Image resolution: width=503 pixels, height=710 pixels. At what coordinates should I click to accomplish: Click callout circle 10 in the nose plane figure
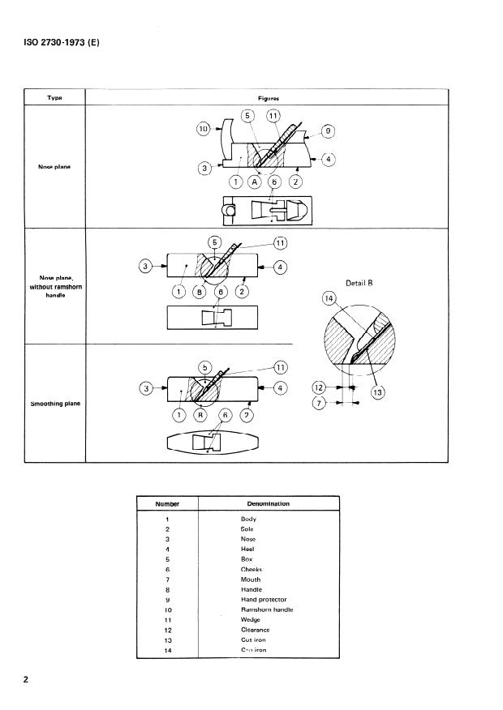(204, 128)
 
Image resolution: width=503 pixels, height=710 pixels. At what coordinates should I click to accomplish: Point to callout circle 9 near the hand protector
(328, 130)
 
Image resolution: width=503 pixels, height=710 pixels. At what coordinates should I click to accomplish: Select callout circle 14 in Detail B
(329, 300)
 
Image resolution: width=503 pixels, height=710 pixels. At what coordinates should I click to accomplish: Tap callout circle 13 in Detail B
(377, 391)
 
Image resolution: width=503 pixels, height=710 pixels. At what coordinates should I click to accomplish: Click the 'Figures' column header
(269, 98)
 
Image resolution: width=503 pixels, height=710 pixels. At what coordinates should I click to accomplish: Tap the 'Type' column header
(54, 98)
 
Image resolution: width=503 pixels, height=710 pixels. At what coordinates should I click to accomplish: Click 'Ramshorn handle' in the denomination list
(267, 609)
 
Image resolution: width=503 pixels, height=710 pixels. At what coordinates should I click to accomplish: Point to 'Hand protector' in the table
(264, 599)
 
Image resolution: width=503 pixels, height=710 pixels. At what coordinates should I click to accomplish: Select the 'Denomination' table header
(268, 503)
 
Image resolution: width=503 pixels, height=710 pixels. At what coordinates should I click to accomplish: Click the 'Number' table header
(166, 503)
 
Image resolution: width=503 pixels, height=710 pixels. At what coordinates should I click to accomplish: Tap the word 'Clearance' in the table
(255, 630)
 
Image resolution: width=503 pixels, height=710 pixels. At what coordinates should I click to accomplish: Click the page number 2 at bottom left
(27, 680)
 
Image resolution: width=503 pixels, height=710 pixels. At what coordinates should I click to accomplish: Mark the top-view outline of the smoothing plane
(213, 443)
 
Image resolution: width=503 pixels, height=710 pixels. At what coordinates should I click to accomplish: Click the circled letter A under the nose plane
(255, 182)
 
